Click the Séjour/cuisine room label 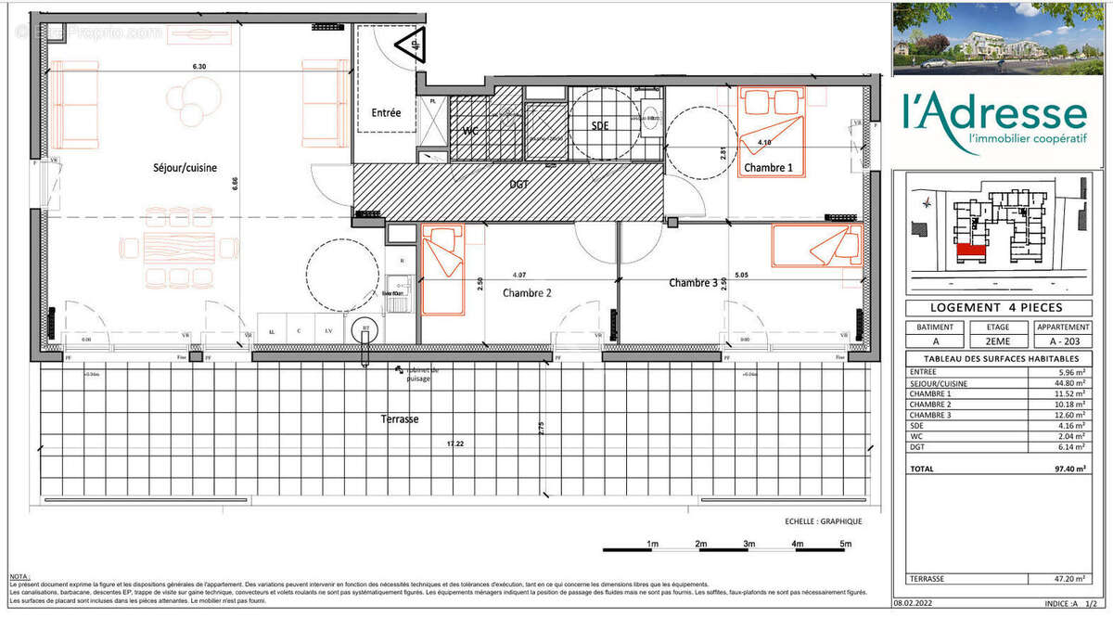coord(185,168)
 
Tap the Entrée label coord(386,113)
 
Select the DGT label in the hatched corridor coord(519,185)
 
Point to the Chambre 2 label coord(527,293)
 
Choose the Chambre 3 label coord(694,283)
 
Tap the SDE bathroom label coord(600,126)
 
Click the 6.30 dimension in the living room coord(198,67)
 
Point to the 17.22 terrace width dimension coord(454,444)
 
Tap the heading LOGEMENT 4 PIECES coord(997,308)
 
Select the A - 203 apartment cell coord(1063,341)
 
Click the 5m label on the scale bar coord(844,544)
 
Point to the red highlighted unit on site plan coord(970,248)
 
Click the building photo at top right coord(998,38)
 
